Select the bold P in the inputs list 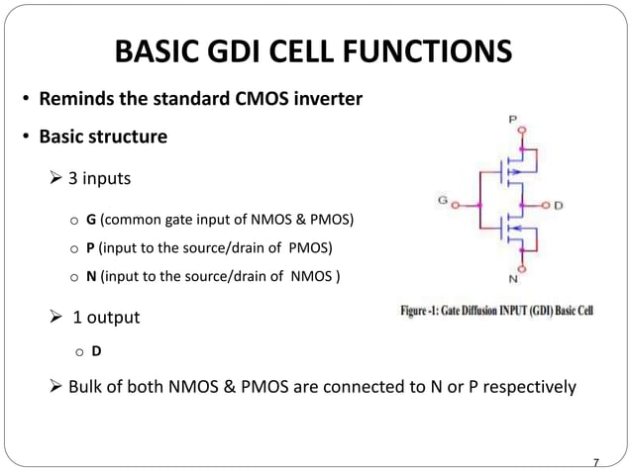90,246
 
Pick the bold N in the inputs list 91,276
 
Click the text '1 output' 106,318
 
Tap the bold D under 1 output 96,350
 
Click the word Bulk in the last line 87,386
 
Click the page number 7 595,462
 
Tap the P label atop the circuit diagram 511,119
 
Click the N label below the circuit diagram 512,278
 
